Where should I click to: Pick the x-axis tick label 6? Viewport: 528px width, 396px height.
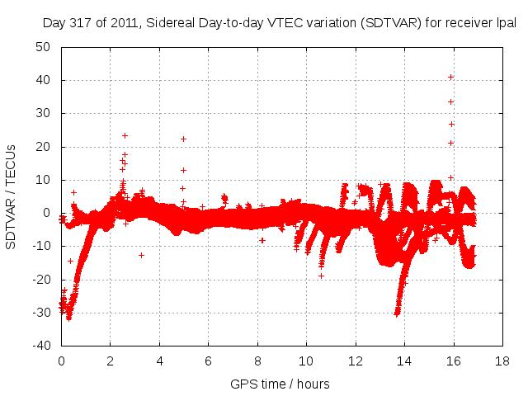coord(208,361)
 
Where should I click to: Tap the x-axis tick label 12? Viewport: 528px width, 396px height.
coord(356,361)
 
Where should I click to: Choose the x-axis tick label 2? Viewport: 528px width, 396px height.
coord(110,361)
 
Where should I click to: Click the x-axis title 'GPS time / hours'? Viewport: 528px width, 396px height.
coord(280,384)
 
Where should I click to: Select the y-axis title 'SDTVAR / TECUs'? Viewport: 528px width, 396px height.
coord(12,196)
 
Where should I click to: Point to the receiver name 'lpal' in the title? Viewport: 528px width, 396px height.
coord(505,23)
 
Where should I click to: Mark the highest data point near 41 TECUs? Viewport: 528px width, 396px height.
coord(450,77)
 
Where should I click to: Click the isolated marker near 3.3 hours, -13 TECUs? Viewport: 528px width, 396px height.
coord(142,255)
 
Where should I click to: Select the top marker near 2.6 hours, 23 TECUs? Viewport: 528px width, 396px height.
coord(125,135)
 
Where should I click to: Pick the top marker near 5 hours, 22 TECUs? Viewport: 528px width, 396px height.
coord(183,139)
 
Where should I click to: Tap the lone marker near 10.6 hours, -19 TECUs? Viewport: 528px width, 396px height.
coord(321,276)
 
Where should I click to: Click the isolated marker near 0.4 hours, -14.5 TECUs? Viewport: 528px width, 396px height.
coord(70,261)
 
